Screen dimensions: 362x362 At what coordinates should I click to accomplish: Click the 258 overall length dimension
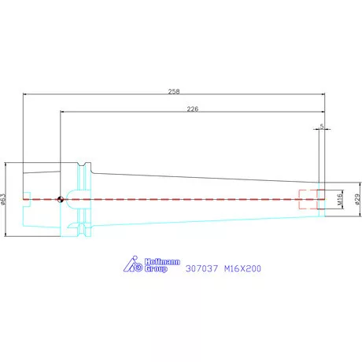(174, 91)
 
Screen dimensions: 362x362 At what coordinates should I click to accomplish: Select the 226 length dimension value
(193, 109)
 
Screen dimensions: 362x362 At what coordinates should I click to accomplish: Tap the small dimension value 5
(322, 126)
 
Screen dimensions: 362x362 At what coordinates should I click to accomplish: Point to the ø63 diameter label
(3, 199)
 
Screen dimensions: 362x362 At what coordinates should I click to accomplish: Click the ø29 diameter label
(357, 199)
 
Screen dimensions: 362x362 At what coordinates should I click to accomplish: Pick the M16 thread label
(340, 199)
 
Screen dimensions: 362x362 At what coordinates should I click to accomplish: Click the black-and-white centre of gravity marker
(61, 199)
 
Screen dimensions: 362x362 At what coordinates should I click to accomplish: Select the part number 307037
(201, 268)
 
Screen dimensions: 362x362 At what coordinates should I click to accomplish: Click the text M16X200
(242, 268)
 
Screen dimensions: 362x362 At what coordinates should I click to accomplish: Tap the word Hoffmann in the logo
(162, 261)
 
